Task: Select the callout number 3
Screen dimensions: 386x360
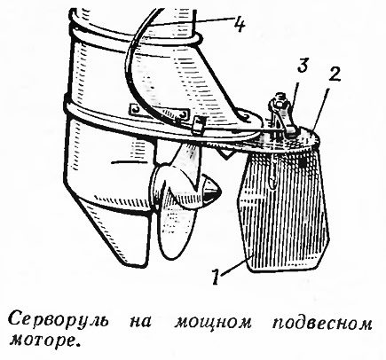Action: point(302,66)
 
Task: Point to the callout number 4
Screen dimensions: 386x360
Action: point(239,24)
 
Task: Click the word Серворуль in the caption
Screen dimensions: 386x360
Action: point(59,322)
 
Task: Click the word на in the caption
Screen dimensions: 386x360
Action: point(141,323)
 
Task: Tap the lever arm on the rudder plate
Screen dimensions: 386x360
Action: point(282,115)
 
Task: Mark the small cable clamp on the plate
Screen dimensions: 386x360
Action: point(199,123)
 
